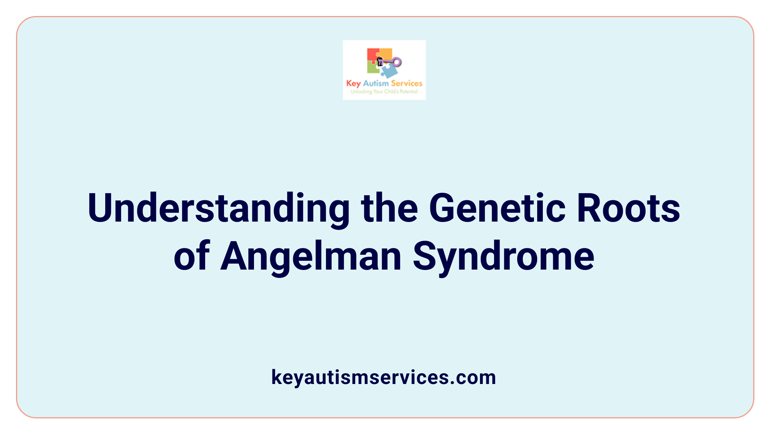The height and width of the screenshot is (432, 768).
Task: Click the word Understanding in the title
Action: [218, 209]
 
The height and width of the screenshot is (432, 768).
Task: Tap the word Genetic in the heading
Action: [497, 209]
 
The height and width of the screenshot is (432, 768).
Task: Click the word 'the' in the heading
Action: [389, 209]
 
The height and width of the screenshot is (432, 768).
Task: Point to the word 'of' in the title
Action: [192, 257]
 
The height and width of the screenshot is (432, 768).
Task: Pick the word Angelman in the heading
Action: [311, 257]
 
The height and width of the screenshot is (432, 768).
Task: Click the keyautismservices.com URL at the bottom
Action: [384, 377]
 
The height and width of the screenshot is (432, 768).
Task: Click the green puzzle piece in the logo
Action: [373, 68]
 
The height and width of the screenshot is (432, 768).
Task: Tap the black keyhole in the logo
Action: [380, 61]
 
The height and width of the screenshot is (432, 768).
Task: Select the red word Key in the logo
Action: [353, 84]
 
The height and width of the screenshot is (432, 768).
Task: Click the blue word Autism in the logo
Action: [376, 83]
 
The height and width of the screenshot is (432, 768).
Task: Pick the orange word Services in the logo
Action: [406, 83]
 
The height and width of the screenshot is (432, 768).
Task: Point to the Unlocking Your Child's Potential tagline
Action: [384, 92]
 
